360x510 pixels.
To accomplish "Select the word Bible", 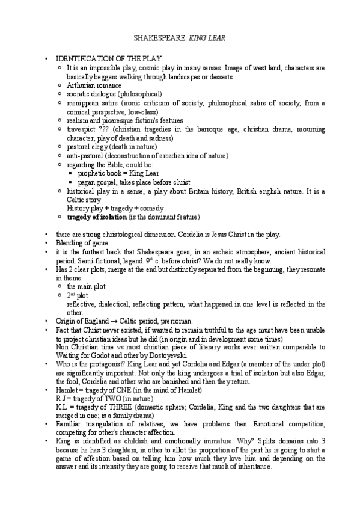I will [x=128, y=164].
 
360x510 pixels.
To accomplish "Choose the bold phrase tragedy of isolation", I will [x=97, y=217].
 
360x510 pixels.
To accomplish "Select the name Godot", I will [x=96, y=357].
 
